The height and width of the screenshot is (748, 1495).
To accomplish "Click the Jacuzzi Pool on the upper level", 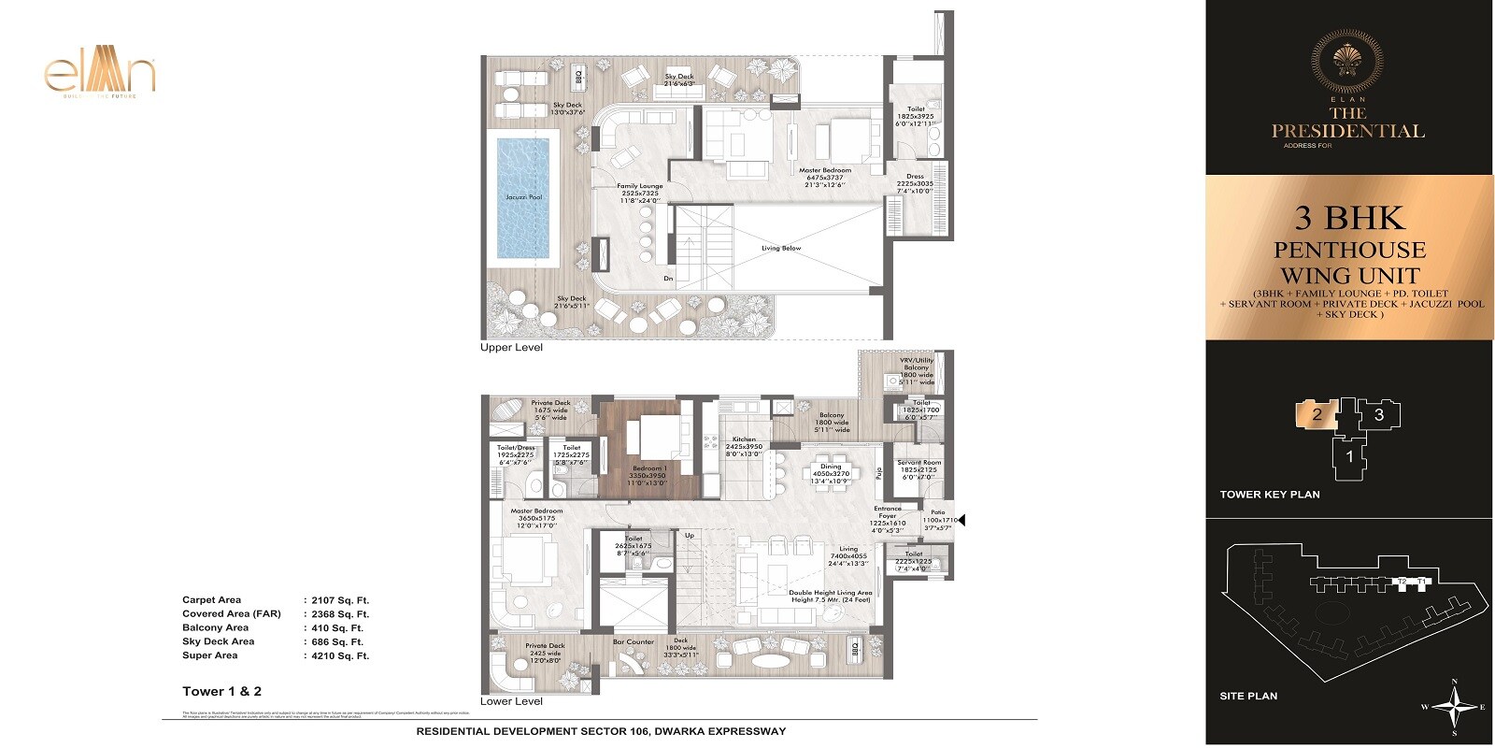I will click(x=523, y=197).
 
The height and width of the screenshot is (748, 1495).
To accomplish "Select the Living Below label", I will click(x=781, y=248).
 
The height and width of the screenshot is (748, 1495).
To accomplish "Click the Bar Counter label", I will click(x=633, y=641).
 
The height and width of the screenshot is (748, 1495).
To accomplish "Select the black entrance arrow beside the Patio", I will click(x=962, y=521).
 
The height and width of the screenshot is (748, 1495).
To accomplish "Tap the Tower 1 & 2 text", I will click(x=221, y=691).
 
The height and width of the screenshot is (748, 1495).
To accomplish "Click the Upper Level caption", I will click(x=511, y=347).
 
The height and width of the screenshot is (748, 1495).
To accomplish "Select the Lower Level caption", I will click(x=511, y=700).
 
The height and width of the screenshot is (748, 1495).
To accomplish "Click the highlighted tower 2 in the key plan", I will click(x=1317, y=414).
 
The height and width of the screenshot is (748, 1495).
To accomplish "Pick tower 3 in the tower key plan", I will click(x=1379, y=414).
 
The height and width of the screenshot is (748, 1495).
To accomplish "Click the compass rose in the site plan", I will click(x=1453, y=707).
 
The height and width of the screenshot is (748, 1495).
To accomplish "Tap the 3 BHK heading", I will click(x=1349, y=219).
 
